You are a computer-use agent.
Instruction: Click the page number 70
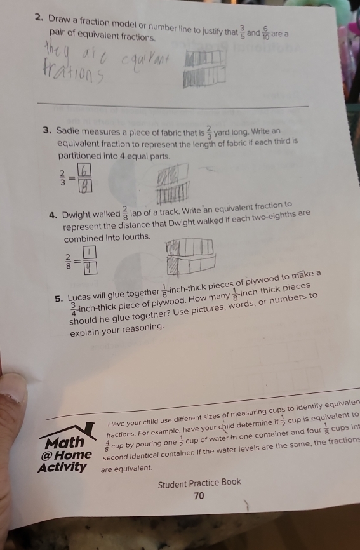(199, 495)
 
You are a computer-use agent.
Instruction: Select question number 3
(48, 131)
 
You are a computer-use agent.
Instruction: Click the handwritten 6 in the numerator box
(86, 170)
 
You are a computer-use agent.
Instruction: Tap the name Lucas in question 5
(82, 296)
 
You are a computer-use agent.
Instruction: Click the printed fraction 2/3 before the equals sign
(62, 177)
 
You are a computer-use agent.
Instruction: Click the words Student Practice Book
(199, 482)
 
